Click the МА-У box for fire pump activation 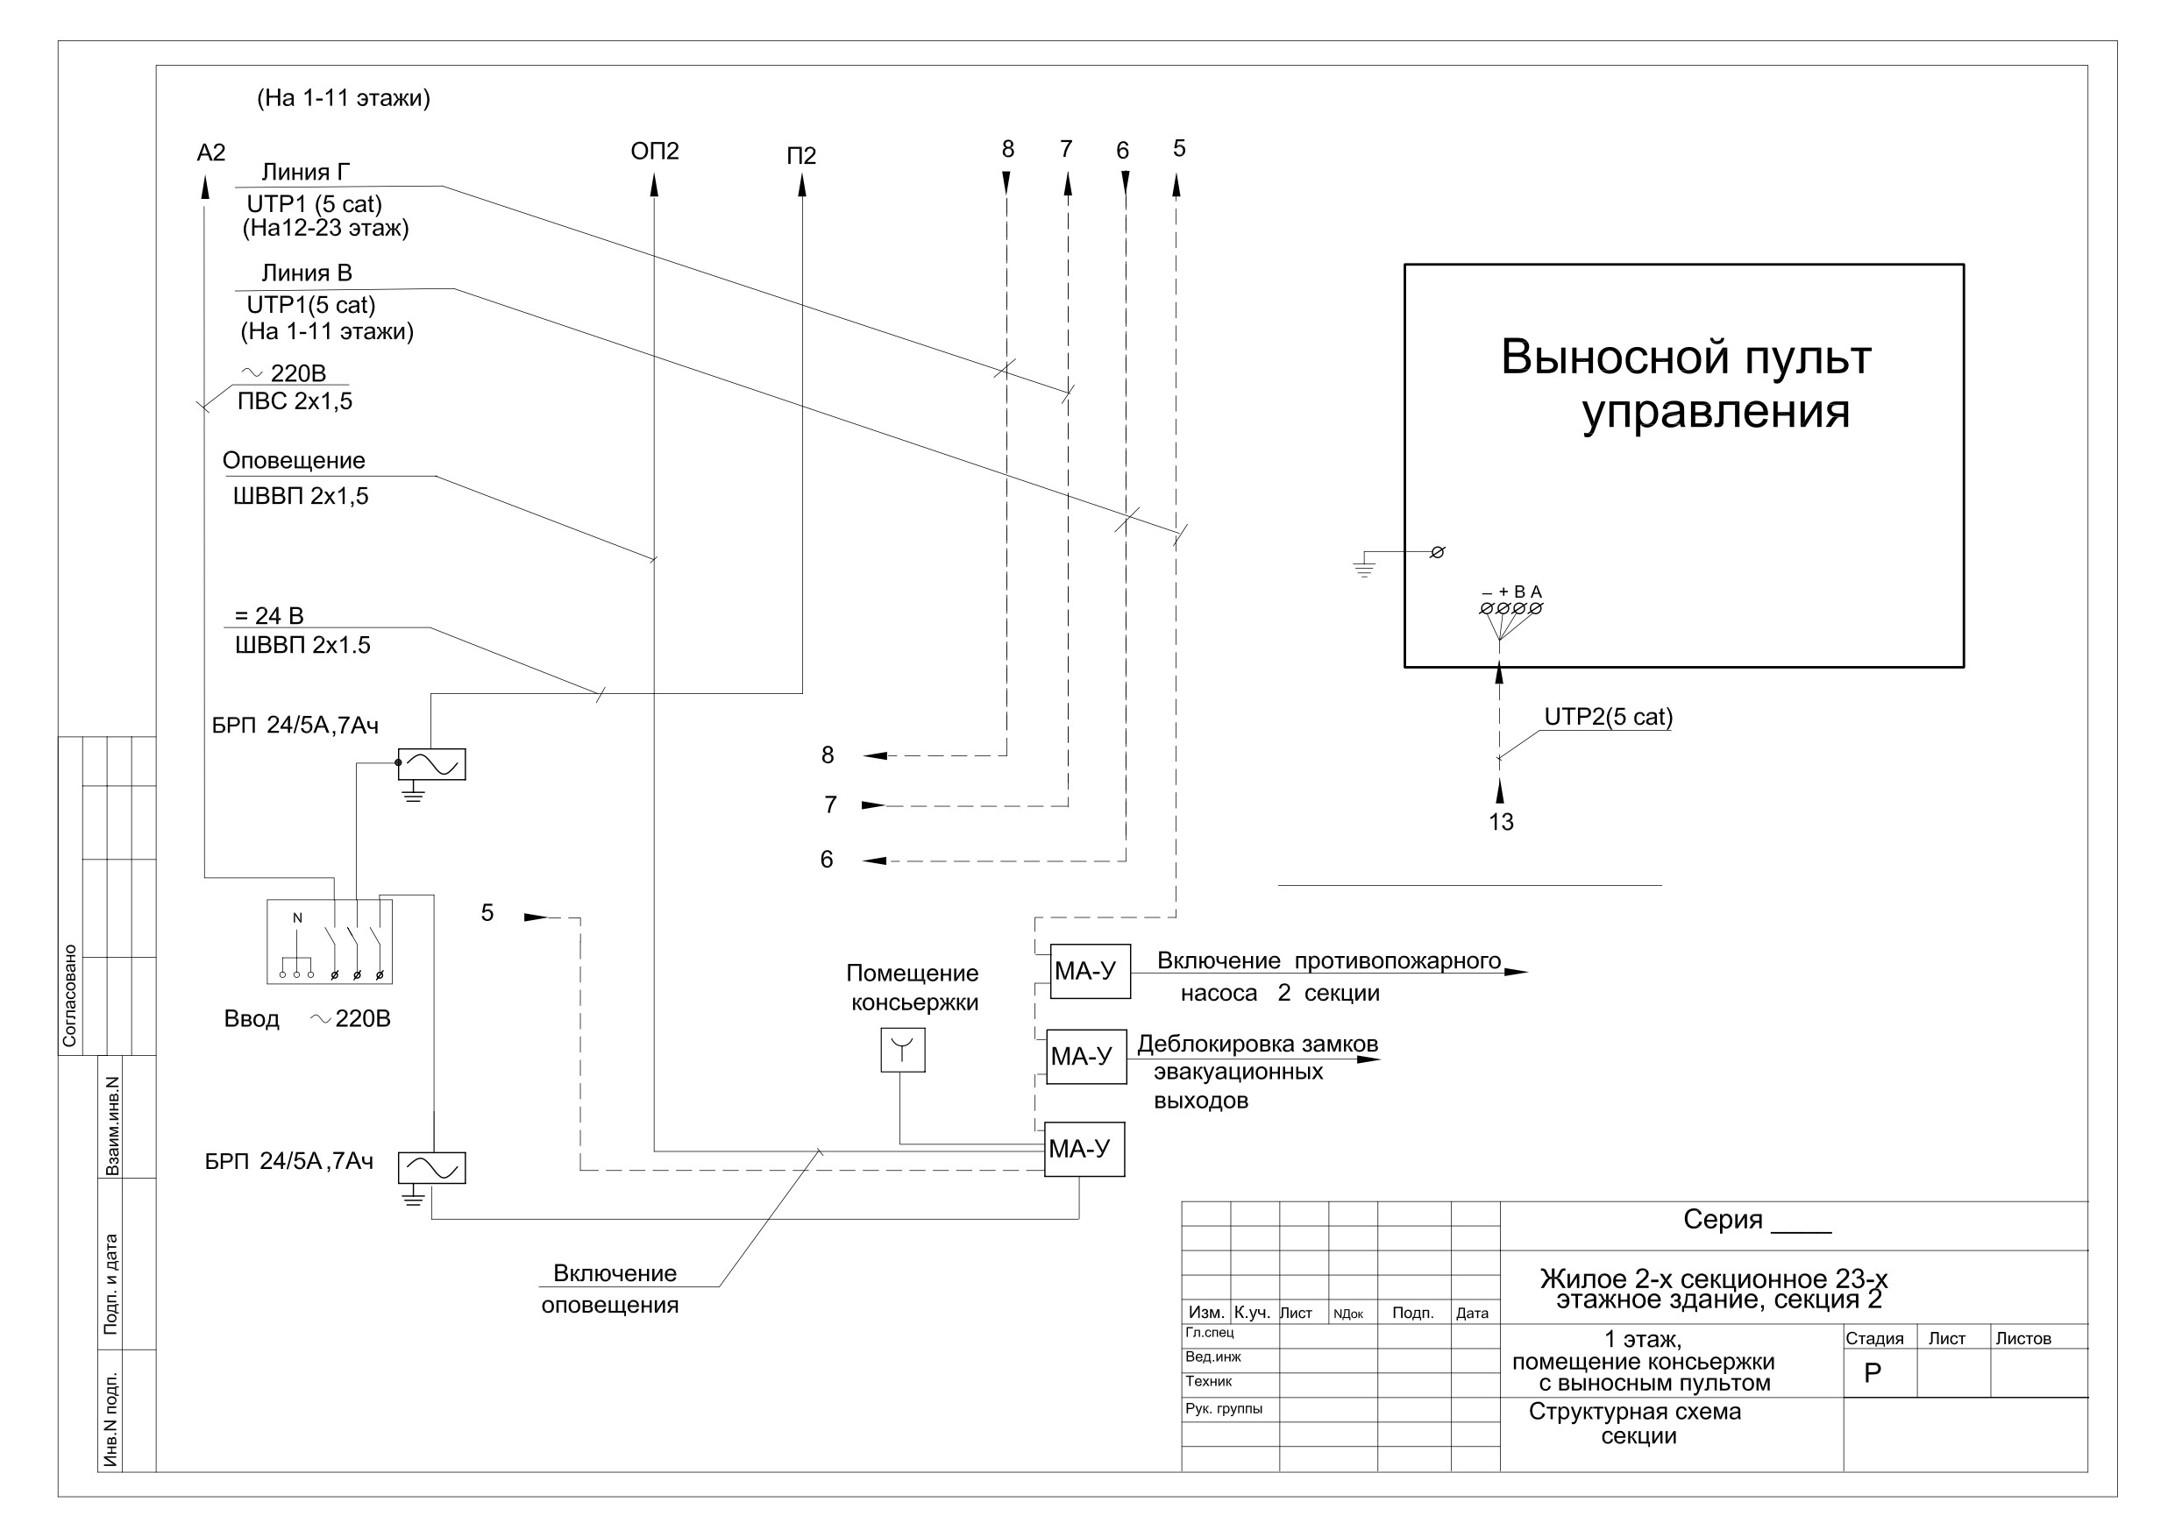coord(1090,971)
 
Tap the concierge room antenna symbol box coord(903,1051)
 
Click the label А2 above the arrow coord(211,153)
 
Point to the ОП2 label coord(655,152)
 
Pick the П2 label coord(801,155)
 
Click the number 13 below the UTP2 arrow coord(1501,822)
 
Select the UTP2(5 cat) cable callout coord(1609,717)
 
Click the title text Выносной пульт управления coord(1686,384)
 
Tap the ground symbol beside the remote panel coord(1363,567)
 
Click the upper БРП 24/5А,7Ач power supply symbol coord(431,764)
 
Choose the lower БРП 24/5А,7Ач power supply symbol coord(431,1168)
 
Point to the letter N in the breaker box coord(297,917)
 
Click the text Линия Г coord(305,173)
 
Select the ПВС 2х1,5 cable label coord(295,401)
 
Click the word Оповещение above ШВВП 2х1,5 coord(294,461)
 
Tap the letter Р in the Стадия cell coord(1872,1373)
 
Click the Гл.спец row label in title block coord(1210,1334)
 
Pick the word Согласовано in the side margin coord(69,995)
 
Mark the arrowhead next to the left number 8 coord(874,755)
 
